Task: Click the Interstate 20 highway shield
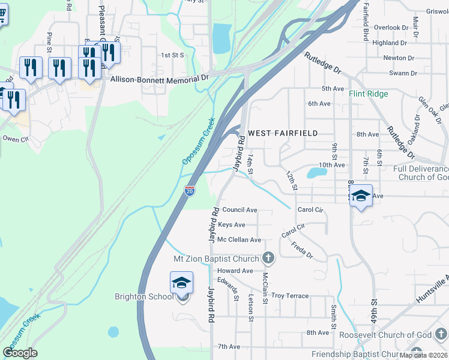(x=190, y=191)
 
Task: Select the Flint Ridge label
(x=369, y=94)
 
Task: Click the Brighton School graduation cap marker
(x=181, y=284)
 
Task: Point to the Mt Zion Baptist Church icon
(x=268, y=259)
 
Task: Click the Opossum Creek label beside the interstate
(x=198, y=141)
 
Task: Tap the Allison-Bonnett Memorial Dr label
(x=159, y=78)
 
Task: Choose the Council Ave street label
(x=240, y=210)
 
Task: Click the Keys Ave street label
(x=232, y=225)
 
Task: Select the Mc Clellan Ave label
(x=239, y=240)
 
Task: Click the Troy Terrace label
(x=290, y=296)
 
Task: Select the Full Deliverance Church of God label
(x=421, y=173)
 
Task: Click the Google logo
(x=20, y=353)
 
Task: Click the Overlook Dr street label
(x=391, y=28)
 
